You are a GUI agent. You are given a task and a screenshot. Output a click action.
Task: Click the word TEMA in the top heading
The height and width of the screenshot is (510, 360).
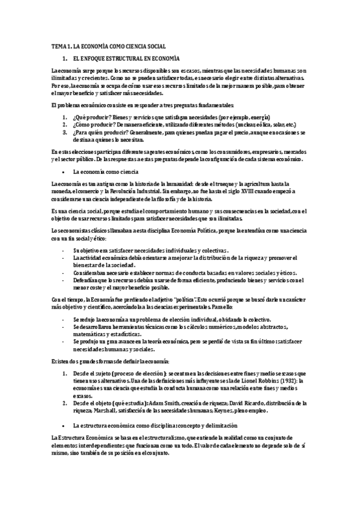tap(58, 46)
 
